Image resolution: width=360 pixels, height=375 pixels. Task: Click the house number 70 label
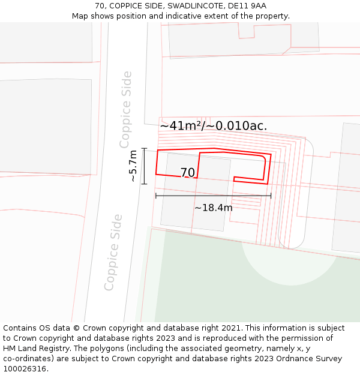click(x=187, y=173)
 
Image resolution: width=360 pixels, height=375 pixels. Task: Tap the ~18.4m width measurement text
click(x=213, y=208)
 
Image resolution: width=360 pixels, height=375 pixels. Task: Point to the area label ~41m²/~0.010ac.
click(x=213, y=126)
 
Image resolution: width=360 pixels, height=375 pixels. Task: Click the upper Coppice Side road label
click(x=125, y=109)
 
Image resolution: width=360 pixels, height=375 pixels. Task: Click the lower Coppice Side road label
click(x=113, y=252)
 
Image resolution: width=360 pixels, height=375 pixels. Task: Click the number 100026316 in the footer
click(x=25, y=369)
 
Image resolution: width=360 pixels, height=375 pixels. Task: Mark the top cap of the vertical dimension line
click(x=144, y=148)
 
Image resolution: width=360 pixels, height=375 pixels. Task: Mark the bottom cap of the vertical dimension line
click(x=144, y=184)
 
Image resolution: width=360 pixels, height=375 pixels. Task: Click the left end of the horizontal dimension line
click(x=156, y=196)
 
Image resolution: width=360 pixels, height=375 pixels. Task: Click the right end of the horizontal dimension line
click(x=271, y=196)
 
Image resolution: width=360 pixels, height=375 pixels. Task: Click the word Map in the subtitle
click(x=80, y=16)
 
